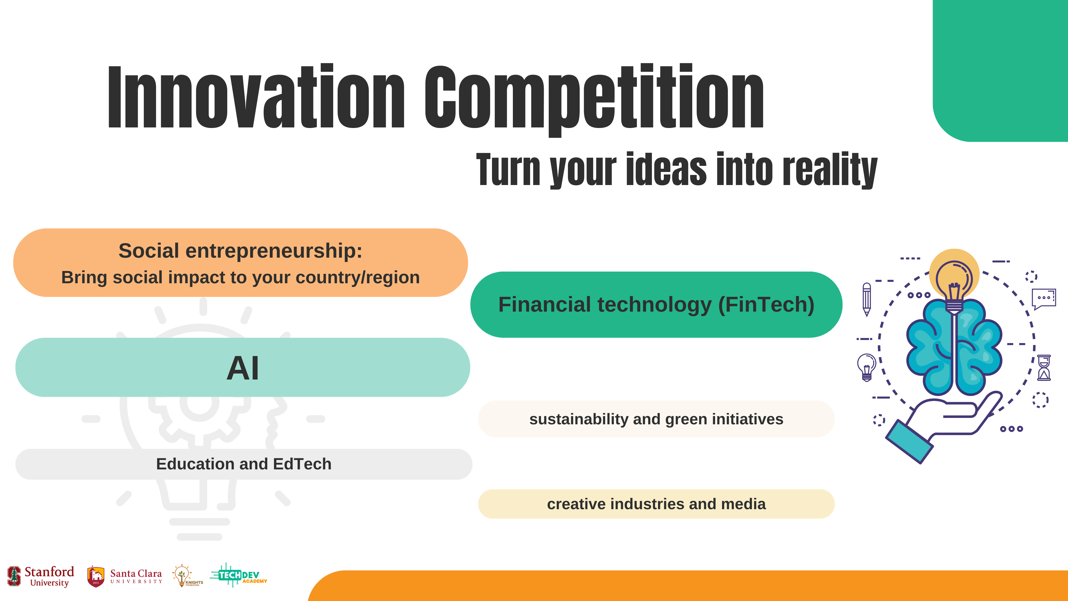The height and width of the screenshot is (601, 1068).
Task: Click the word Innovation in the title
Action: click(256, 97)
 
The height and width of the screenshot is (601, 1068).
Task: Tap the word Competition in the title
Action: click(594, 100)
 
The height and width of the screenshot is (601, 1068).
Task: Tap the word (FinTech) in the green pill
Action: click(766, 305)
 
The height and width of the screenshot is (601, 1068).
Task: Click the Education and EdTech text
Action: click(244, 464)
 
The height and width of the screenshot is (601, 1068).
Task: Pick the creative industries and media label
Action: click(656, 504)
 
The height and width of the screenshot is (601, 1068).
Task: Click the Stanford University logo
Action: click(41, 577)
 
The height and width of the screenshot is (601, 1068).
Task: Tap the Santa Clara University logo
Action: click(124, 577)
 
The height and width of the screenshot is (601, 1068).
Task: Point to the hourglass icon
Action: click(1044, 368)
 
